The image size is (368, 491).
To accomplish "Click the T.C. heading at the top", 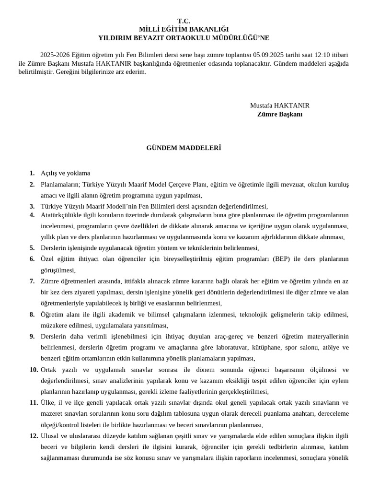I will coord(184,21).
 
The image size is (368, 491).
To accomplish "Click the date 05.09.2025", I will coord(269,55).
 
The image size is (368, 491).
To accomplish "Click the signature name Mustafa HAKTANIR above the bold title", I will coord(279,105).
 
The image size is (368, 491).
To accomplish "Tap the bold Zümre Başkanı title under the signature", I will coord(279,114).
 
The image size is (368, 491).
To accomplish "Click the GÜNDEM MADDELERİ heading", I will coord(184,148).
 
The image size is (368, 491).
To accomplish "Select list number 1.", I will coord(32,173).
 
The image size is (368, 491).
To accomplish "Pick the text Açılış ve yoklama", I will coord(65,173).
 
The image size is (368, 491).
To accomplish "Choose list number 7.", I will coord(32,281).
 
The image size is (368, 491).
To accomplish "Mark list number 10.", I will coord(34,369).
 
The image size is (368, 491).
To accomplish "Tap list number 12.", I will coord(34,436).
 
